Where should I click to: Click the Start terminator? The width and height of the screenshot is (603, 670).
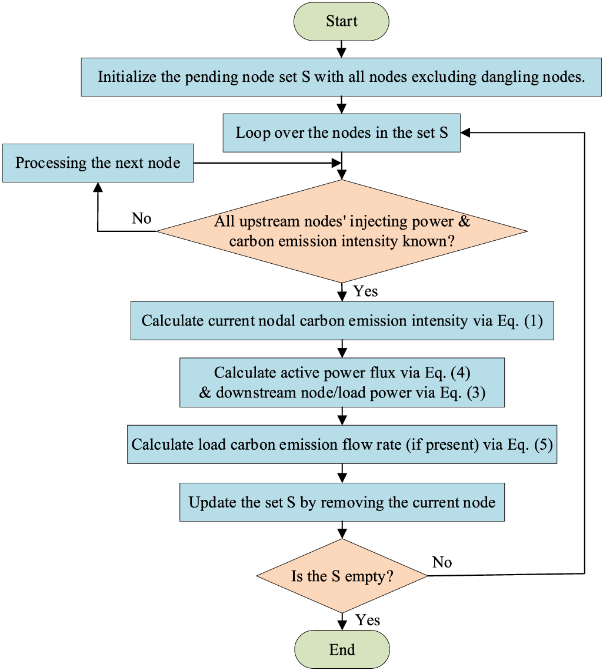tap(341, 21)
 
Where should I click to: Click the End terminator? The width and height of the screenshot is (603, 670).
tap(342, 649)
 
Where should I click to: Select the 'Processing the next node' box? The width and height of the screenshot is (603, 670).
tap(98, 163)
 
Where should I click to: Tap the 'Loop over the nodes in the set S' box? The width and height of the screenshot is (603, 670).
tap(342, 133)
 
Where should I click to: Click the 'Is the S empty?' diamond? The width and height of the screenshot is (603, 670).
tap(342, 576)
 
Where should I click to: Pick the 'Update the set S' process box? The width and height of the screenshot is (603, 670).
tap(342, 502)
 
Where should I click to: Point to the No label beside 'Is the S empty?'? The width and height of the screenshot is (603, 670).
tap(442, 562)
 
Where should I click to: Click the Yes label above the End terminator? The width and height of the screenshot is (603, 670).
tap(368, 620)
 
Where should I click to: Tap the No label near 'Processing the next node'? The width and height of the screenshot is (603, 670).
tap(141, 218)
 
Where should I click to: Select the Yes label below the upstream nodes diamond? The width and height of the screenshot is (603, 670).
tap(365, 291)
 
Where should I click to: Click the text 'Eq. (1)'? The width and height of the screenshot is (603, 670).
tap(520, 321)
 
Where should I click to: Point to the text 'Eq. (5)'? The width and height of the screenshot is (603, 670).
tap(530, 445)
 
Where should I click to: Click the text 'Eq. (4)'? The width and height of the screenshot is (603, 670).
tap(448, 373)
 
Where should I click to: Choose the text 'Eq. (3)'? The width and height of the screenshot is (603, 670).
tap(463, 393)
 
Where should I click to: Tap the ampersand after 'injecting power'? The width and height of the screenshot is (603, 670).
tap(464, 221)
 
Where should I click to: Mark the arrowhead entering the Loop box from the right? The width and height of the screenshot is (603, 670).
tap(465, 133)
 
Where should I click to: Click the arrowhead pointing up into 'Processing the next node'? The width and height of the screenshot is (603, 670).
tap(98, 187)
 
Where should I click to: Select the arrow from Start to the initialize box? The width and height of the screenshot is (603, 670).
tap(341, 49)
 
